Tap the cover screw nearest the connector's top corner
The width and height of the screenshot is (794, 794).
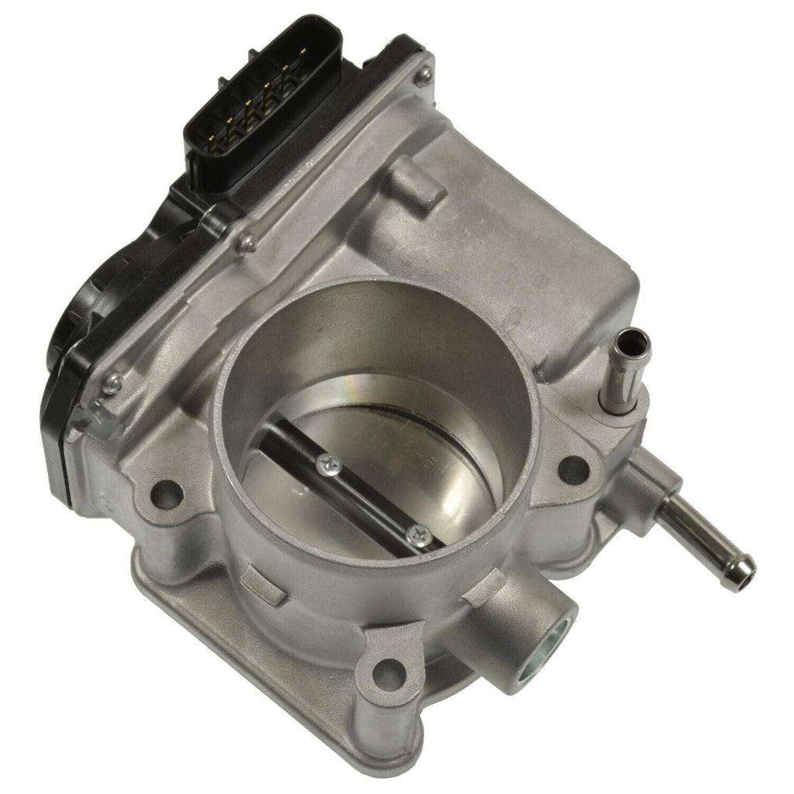[x=423, y=75]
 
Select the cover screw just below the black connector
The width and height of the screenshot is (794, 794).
[x=247, y=245]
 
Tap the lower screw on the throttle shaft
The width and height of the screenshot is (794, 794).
[x=419, y=534]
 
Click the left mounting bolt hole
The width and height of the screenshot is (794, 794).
[x=167, y=491]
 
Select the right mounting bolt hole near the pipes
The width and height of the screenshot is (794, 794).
[x=572, y=468]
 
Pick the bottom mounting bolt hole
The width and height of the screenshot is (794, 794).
[x=387, y=672]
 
